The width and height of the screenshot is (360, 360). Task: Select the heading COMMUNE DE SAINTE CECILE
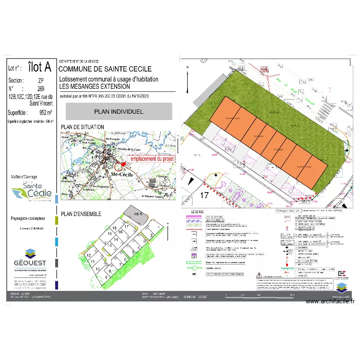tap(105, 70)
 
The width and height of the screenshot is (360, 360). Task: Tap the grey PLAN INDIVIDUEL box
tap(119, 111)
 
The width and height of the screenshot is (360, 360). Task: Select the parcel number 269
tap(41, 89)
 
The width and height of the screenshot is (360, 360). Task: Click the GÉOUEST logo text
tap(30, 262)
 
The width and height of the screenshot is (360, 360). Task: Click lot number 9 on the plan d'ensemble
tap(106, 277)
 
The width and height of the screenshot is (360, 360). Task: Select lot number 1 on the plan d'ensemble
tap(158, 228)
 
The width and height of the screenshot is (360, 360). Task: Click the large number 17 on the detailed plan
tap(204, 195)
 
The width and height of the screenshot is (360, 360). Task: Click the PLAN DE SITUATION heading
tap(82, 127)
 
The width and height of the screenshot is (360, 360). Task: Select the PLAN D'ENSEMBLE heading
tap(81, 214)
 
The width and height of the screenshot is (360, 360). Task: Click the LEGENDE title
tap(197, 212)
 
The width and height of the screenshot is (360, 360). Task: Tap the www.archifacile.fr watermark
tap(329, 301)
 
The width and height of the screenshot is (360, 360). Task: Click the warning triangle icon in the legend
tap(260, 276)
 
